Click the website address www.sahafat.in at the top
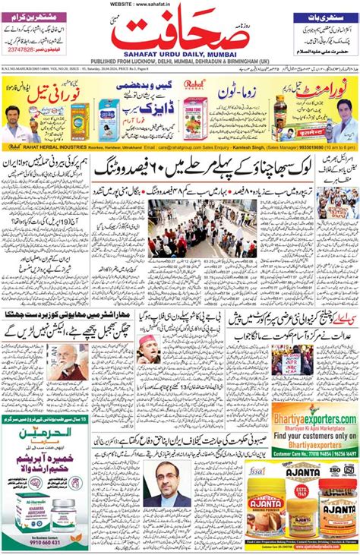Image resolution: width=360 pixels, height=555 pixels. pos(179,4)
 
